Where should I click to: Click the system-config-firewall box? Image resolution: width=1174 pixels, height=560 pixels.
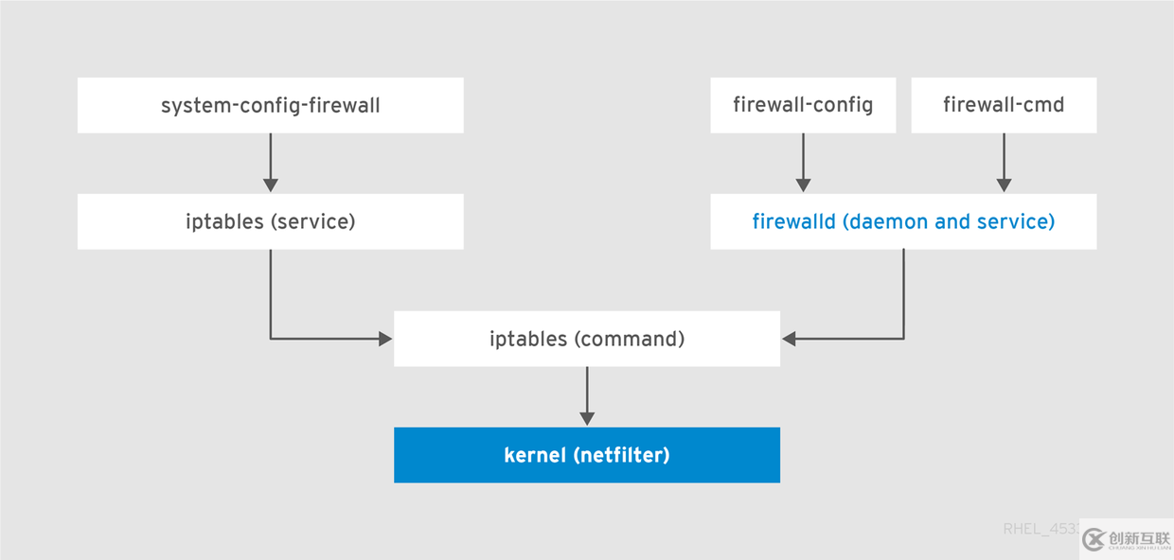coord(270,105)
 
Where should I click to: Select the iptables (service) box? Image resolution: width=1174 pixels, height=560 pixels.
coord(270,222)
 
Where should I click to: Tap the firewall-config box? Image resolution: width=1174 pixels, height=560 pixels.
coord(803,105)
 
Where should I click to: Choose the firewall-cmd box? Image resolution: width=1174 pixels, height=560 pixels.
coord(1004,105)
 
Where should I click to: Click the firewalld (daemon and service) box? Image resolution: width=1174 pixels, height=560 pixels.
coord(903,222)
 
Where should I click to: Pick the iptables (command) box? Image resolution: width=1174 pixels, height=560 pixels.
coord(587,339)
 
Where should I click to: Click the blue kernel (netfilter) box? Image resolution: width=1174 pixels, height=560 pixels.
coord(587,455)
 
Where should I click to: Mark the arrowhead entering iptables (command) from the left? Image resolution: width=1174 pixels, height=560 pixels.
coord(385,339)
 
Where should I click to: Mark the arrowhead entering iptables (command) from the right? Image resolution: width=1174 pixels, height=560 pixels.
coord(789,339)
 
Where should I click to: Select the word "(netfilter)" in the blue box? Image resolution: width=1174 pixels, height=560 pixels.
coord(621,455)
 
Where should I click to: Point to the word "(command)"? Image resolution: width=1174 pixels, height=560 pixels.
coord(629,339)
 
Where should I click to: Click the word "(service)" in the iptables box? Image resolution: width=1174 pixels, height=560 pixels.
coord(311,222)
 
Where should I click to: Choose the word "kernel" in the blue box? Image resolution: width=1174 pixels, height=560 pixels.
coord(535,455)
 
